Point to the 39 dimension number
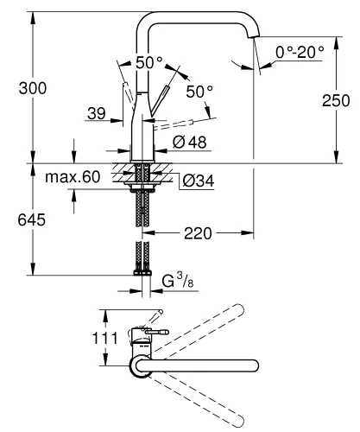(98, 112)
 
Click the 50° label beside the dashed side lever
(198, 91)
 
